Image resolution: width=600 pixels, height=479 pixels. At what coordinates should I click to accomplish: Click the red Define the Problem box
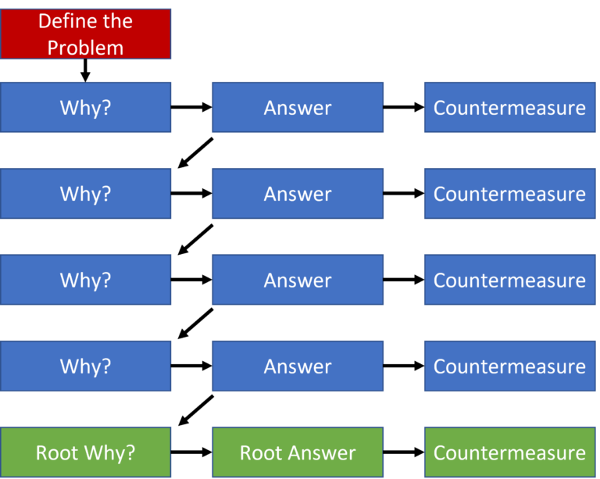[85, 34]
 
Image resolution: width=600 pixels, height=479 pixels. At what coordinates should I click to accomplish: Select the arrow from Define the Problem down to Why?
[85, 70]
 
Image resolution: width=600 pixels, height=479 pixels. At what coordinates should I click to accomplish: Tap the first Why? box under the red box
[85, 107]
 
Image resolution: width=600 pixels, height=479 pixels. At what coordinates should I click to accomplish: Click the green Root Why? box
[85, 452]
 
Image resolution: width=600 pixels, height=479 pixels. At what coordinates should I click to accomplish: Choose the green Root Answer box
[298, 452]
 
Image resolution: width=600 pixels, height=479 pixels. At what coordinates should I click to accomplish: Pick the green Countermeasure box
[510, 452]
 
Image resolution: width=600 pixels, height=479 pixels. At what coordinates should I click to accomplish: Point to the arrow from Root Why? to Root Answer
[191, 452]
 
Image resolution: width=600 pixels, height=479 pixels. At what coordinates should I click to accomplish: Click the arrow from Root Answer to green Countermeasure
[404, 452]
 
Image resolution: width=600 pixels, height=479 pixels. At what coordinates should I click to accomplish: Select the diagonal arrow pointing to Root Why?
[196, 410]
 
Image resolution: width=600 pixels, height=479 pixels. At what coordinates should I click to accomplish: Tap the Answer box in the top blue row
[298, 107]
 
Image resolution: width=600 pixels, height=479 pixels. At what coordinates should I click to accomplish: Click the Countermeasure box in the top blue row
[510, 107]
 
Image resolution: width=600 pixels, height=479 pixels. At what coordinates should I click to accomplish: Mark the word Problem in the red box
[85, 48]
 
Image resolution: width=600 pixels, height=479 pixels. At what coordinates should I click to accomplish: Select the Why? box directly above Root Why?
[85, 366]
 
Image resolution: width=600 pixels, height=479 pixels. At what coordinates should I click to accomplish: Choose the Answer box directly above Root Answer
[298, 366]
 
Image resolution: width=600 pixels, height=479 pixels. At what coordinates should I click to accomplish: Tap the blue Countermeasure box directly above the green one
[510, 366]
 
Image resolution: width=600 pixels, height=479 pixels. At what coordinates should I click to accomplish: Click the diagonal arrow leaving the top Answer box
[195, 152]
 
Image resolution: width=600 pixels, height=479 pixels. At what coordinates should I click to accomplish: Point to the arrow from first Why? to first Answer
[191, 107]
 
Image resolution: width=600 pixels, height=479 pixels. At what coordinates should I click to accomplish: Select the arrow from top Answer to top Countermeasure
[404, 107]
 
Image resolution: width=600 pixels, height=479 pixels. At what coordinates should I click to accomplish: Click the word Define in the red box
[63, 20]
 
